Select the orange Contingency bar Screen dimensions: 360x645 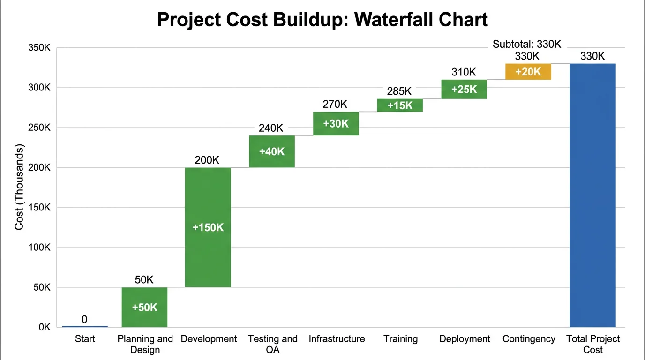[x=528, y=72]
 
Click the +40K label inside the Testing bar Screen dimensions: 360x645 [x=272, y=151]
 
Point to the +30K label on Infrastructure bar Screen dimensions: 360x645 [x=336, y=124]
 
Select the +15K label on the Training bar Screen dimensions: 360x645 [x=400, y=105]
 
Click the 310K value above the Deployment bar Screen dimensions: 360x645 [x=464, y=72]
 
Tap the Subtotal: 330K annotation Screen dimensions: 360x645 [x=526, y=45]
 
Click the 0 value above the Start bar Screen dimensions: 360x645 [x=84, y=319]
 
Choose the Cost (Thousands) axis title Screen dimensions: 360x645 [x=19, y=187]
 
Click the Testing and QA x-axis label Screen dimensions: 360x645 [x=272, y=344]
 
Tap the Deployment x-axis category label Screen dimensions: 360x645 [x=465, y=339]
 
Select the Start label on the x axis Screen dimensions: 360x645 [x=85, y=339]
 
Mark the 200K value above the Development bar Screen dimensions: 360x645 [x=207, y=160]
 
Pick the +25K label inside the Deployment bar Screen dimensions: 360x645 [x=464, y=89]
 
